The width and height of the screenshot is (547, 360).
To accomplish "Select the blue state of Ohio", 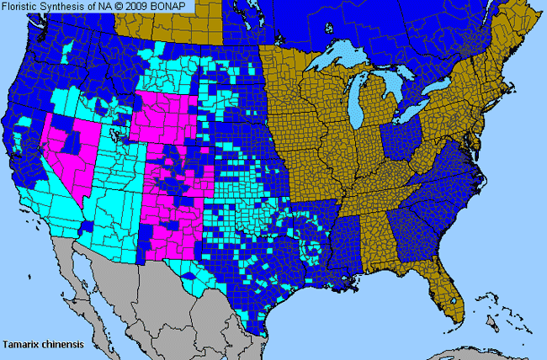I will click(x=402, y=139).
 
